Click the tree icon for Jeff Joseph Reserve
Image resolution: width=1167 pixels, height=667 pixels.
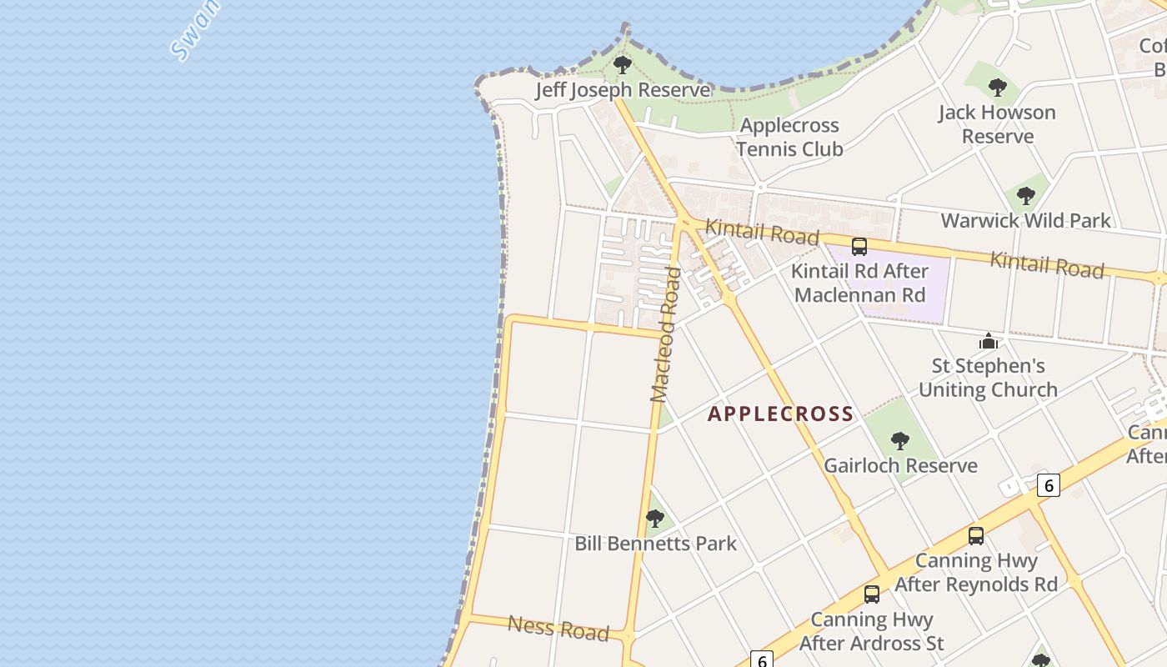[x=621, y=64]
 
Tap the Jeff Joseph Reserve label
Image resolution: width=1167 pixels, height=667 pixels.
[x=623, y=90]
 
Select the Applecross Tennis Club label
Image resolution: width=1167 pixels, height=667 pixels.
[x=789, y=138]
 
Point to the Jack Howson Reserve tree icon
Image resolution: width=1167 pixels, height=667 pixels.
[x=997, y=87]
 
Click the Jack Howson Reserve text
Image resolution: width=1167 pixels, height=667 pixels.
[x=997, y=124]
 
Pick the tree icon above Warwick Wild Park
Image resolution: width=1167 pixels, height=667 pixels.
[x=1026, y=196]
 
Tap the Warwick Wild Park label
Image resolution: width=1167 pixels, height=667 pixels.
[x=1026, y=221]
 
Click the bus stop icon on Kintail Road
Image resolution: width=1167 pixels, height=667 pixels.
[x=859, y=247]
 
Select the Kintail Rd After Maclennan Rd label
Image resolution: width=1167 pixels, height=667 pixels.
[x=859, y=283]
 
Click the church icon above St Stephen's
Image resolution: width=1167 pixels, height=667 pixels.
[x=989, y=341]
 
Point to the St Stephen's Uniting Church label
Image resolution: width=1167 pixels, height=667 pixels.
[x=988, y=378]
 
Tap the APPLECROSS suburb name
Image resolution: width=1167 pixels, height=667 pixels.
[x=781, y=414]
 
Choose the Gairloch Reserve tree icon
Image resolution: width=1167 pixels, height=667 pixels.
[x=899, y=440]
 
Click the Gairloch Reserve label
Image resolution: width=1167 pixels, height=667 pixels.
[x=900, y=466]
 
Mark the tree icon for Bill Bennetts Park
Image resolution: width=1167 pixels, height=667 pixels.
[x=655, y=518]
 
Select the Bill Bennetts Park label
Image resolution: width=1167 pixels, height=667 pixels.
[x=656, y=544]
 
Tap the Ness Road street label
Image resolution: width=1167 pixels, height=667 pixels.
[x=558, y=628]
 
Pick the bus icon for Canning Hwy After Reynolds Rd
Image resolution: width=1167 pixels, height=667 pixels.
[x=976, y=536]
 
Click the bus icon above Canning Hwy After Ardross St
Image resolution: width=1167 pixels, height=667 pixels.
[x=872, y=594]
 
